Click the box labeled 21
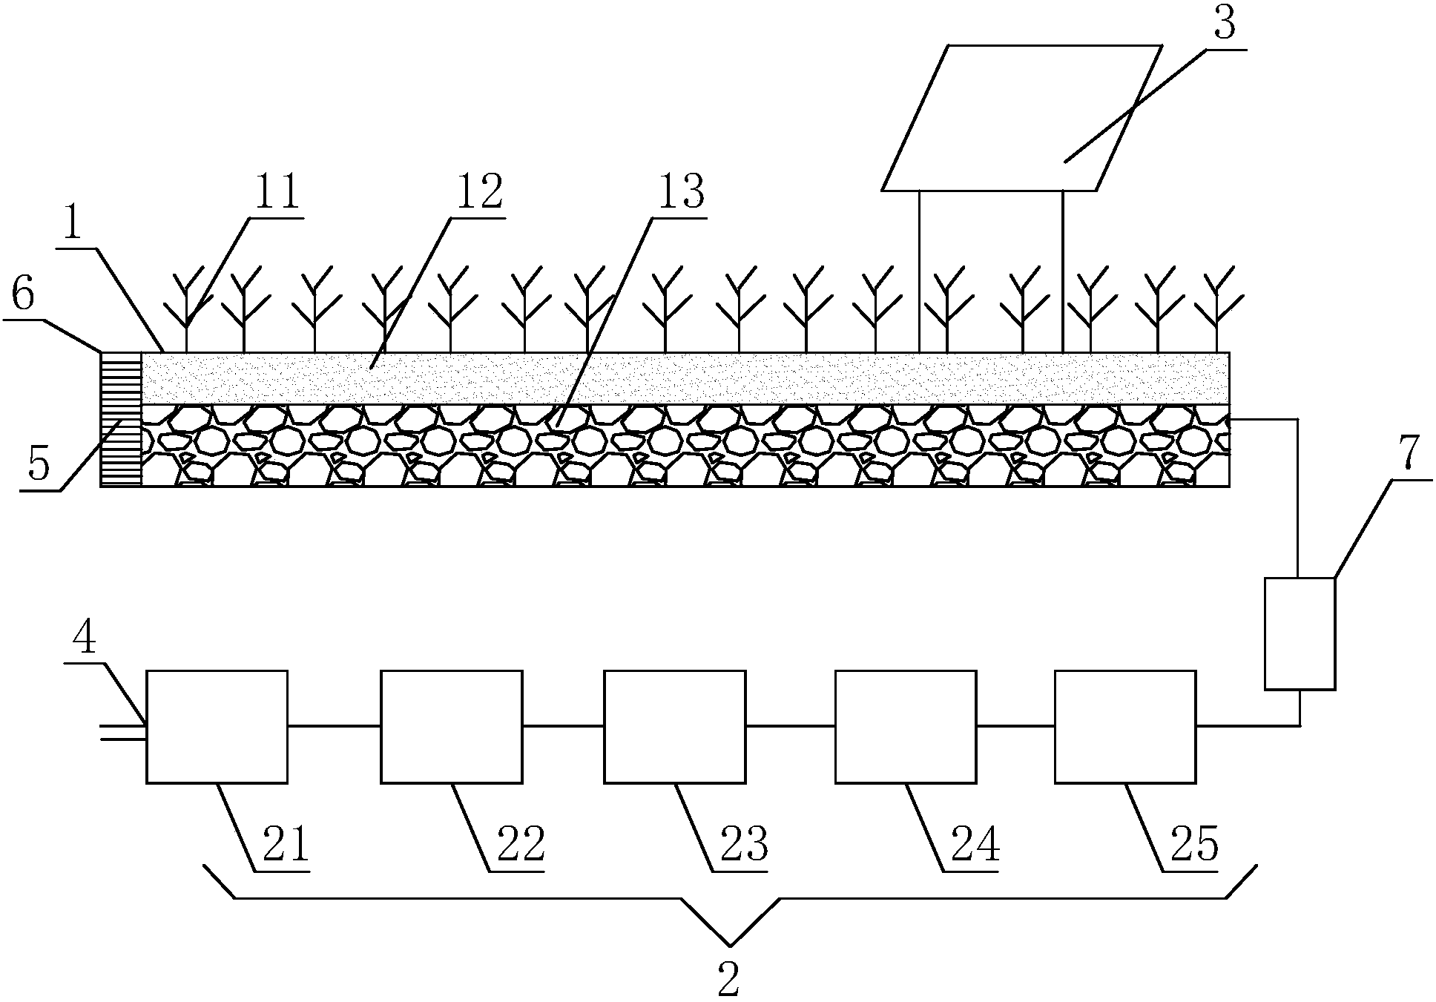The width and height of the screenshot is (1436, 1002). [217, 726]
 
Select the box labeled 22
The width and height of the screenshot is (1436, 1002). [451, 726]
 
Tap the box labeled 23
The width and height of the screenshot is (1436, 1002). [674, 726]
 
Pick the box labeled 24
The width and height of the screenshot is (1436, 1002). [905, 726]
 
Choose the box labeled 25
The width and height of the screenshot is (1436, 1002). [1124, 726]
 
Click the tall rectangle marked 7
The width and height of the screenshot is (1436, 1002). [1300, 633]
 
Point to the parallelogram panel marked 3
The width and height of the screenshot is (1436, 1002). [1021, 118]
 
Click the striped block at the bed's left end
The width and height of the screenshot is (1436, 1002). [121, 419]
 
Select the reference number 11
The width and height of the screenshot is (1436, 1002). [276, 192]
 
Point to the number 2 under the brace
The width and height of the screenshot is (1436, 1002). [728, 979]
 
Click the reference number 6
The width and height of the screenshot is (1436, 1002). [22, 295]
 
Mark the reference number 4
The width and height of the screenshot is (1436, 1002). [85, 636]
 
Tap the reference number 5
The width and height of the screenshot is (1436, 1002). [39, 464]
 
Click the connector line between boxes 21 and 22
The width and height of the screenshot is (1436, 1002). [334, 726]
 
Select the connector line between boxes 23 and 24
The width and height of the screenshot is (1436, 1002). [790, 726]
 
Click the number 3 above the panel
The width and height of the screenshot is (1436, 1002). [1224, 24]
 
